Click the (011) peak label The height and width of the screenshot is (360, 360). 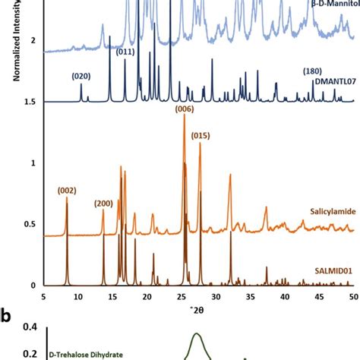tap(126, 52)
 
